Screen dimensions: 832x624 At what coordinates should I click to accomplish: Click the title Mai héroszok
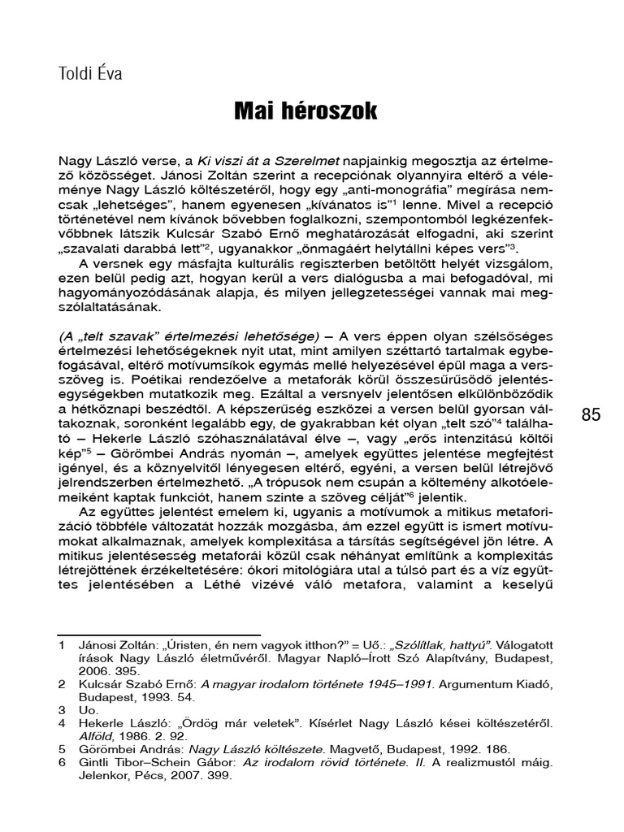(x=305, y=110)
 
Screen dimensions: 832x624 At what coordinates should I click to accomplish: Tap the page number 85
(x=591, y=416)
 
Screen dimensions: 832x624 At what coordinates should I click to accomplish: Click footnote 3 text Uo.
(x=87, y=709)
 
